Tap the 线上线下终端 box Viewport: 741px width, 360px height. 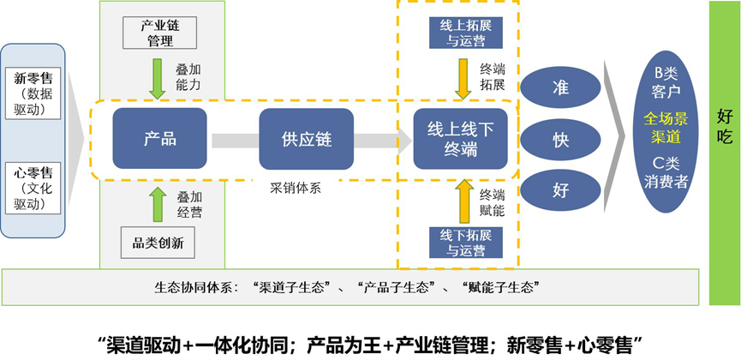click(x=455, y=139)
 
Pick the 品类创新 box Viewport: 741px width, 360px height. click(x=161, y=243)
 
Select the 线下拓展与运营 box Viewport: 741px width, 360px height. click(x=463, y=243)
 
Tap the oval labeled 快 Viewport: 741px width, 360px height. click(x=560, y=139)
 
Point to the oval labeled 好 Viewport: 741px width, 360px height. click(x=560, y=189)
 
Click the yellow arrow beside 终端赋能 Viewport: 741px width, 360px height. click(x=463, y=201)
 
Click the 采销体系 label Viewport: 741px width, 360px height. click(x=296, y=189)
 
